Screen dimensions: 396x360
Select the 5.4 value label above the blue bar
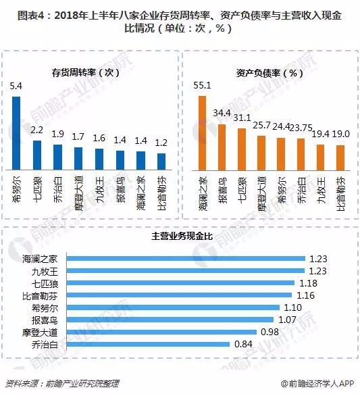click(17, 86)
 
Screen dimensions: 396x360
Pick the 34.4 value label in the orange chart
click(222, 113)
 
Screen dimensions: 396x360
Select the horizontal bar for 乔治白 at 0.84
click(149, 344)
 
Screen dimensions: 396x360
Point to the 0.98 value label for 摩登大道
click(270, 332)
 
